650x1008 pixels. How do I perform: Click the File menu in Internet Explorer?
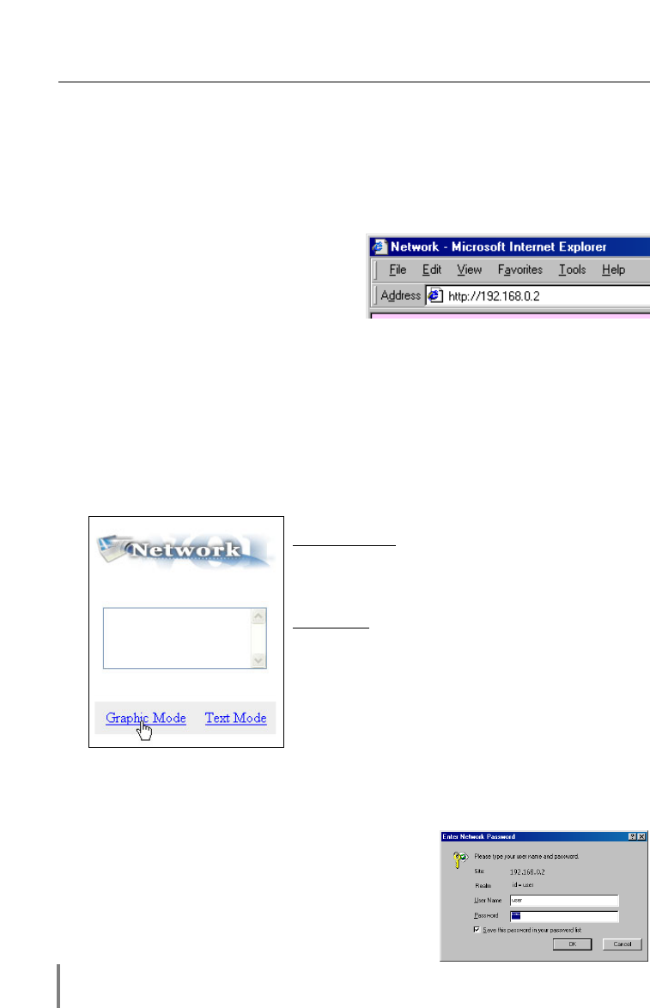(x=398, y=270)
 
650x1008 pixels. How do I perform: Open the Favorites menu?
(x=520, y=270)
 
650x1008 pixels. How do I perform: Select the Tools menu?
(x=572, y=270)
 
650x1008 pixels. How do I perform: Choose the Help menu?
(x=613, y=270)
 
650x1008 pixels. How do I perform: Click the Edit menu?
(x=431, y=270)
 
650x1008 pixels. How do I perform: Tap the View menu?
(x=469, y=270)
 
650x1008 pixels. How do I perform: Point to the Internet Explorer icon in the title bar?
(x=379, y=247)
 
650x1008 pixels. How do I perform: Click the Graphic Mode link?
(x=146, y=718)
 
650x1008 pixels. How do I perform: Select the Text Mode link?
(x=235, y=718)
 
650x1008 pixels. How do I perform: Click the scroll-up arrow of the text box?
(x=258, y=616)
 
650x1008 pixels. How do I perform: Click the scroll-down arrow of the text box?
(x=258, y=660)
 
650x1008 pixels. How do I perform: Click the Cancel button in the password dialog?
(x=622, y=944)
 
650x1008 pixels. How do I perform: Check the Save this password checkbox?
(x=476, y=929)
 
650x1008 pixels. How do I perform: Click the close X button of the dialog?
(x=641, y=836)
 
